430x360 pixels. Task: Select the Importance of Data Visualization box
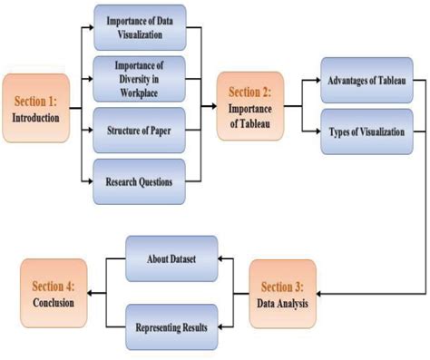point(140,28)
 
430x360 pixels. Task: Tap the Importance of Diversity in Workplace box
point(140,77)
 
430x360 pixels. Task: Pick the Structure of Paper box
point(140,130)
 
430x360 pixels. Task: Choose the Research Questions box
point(140,180)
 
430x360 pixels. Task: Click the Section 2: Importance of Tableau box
point(249,107)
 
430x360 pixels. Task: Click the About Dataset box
point(171,258)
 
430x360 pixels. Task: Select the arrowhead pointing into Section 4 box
point(93,292)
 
